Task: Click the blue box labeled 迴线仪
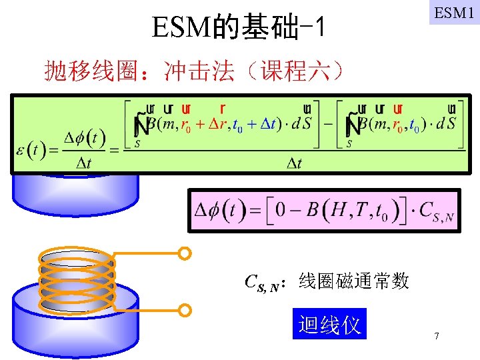pyautogui.click(x=329, y=325)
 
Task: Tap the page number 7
pyautogui.click(x=436, y=336)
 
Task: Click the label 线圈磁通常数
pyautogui.click(x=354, y=281)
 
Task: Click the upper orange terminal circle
pyautogui.click(x=185, y=253)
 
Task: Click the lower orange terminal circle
pyautogui.click(x=185, y=310)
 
